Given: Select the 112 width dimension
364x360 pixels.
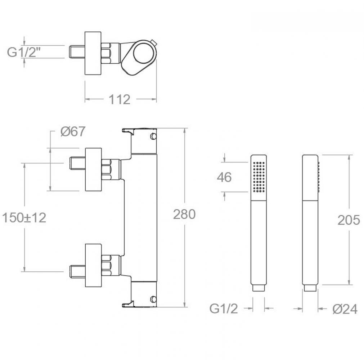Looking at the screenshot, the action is coord(120,100).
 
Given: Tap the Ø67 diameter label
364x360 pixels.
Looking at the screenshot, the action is coord(73,132).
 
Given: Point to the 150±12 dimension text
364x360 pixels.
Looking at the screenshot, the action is coord(24,218).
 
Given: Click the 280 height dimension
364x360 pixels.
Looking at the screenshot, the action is coord(184,214).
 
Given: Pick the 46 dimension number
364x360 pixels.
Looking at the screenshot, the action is coord(224,177).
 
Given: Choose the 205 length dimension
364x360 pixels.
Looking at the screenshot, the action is coord(349,220).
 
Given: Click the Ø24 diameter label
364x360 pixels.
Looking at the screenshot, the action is coord(345,309).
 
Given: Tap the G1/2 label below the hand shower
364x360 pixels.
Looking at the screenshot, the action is coord(224,309).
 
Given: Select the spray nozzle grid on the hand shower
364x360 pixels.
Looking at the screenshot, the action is coord(259,177).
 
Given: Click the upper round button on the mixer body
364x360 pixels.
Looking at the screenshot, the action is coord(153,136).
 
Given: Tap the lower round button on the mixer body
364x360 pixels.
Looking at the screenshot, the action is coord(153,299).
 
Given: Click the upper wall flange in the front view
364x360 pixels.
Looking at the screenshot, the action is coord(94,170).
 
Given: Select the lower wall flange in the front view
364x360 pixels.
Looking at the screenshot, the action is coord(93,265).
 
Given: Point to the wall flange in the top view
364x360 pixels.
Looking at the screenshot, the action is coord(93,53).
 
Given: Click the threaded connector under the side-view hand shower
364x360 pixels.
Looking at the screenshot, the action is coord(310,288).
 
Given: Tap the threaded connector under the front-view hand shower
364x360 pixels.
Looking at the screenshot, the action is coord(259,288).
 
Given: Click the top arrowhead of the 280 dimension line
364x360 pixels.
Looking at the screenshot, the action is coord(185,131).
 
